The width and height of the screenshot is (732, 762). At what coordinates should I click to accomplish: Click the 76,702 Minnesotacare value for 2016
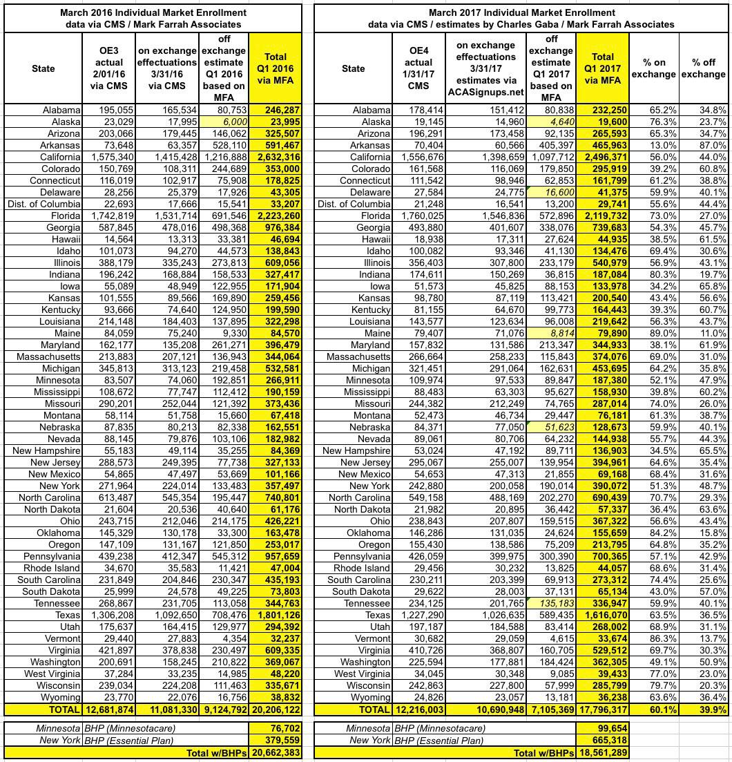(280, 727)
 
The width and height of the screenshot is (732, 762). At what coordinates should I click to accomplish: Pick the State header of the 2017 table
(353, 68)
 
